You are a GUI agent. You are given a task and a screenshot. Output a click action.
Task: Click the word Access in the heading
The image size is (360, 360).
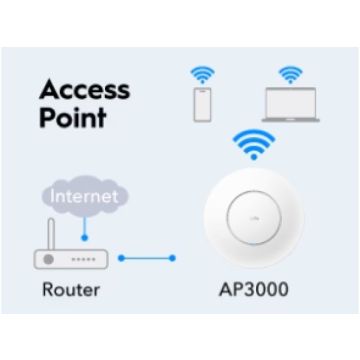tap(84, 90)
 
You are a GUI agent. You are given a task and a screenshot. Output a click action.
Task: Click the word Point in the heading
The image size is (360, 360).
tap(73, 118)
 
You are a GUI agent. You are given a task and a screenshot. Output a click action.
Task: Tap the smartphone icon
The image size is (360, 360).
tap(202, 104)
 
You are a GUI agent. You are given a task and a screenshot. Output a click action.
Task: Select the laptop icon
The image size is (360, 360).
tap(290, 104)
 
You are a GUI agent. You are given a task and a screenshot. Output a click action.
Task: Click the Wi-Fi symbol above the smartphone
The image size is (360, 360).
tap(202, 75)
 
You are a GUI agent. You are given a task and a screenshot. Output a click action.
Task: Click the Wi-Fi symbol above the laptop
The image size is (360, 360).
tap(290, 75)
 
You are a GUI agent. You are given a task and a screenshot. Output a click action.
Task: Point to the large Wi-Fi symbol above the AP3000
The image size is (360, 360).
tap(254, 145)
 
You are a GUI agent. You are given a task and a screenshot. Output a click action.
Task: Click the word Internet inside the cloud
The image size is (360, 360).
tap(84, 196)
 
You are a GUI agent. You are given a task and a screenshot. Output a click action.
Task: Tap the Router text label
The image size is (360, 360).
tap(71, 289)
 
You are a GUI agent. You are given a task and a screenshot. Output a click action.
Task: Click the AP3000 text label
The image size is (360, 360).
tap(254, 289)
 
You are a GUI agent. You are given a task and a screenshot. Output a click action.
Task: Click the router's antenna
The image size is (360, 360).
tap(51, 234)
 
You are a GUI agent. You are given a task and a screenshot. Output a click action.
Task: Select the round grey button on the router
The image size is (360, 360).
tap(49, 259)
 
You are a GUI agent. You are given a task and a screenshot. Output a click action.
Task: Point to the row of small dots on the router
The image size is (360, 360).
tap(84, 259)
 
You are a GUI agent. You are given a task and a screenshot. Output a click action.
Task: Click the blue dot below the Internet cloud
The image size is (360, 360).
tap(85, 238)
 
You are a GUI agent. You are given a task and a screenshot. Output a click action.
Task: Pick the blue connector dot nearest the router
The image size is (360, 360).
tap(121, 258)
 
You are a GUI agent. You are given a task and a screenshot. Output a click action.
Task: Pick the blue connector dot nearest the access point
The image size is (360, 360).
tap(172, 258)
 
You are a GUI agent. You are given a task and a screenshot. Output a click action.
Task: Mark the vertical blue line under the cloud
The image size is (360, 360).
tap(85, 226)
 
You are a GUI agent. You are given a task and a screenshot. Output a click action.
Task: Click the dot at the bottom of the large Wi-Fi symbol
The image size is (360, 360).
tap(254, 157)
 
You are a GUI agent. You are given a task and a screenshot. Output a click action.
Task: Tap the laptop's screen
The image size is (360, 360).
tap(291, 103)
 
